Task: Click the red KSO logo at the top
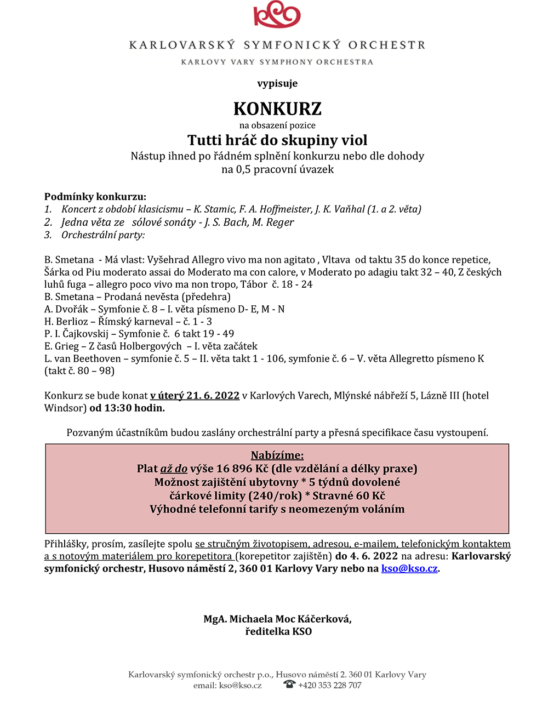point(277,15)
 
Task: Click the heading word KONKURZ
point(277,109)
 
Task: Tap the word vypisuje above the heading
point(277,83)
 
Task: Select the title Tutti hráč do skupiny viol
point(277,140)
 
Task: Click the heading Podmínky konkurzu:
point(95,197)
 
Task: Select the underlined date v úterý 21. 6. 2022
point(195,396)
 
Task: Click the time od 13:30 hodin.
point(127,408)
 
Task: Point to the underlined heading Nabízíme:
point(277,455)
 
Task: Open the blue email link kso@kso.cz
point(409,568)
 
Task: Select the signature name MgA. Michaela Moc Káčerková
point(277,619)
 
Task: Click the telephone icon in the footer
point(289,685)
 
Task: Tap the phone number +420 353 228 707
point(330,686)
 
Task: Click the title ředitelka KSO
point(278,631)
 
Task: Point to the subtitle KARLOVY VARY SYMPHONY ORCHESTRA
point(277,62)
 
